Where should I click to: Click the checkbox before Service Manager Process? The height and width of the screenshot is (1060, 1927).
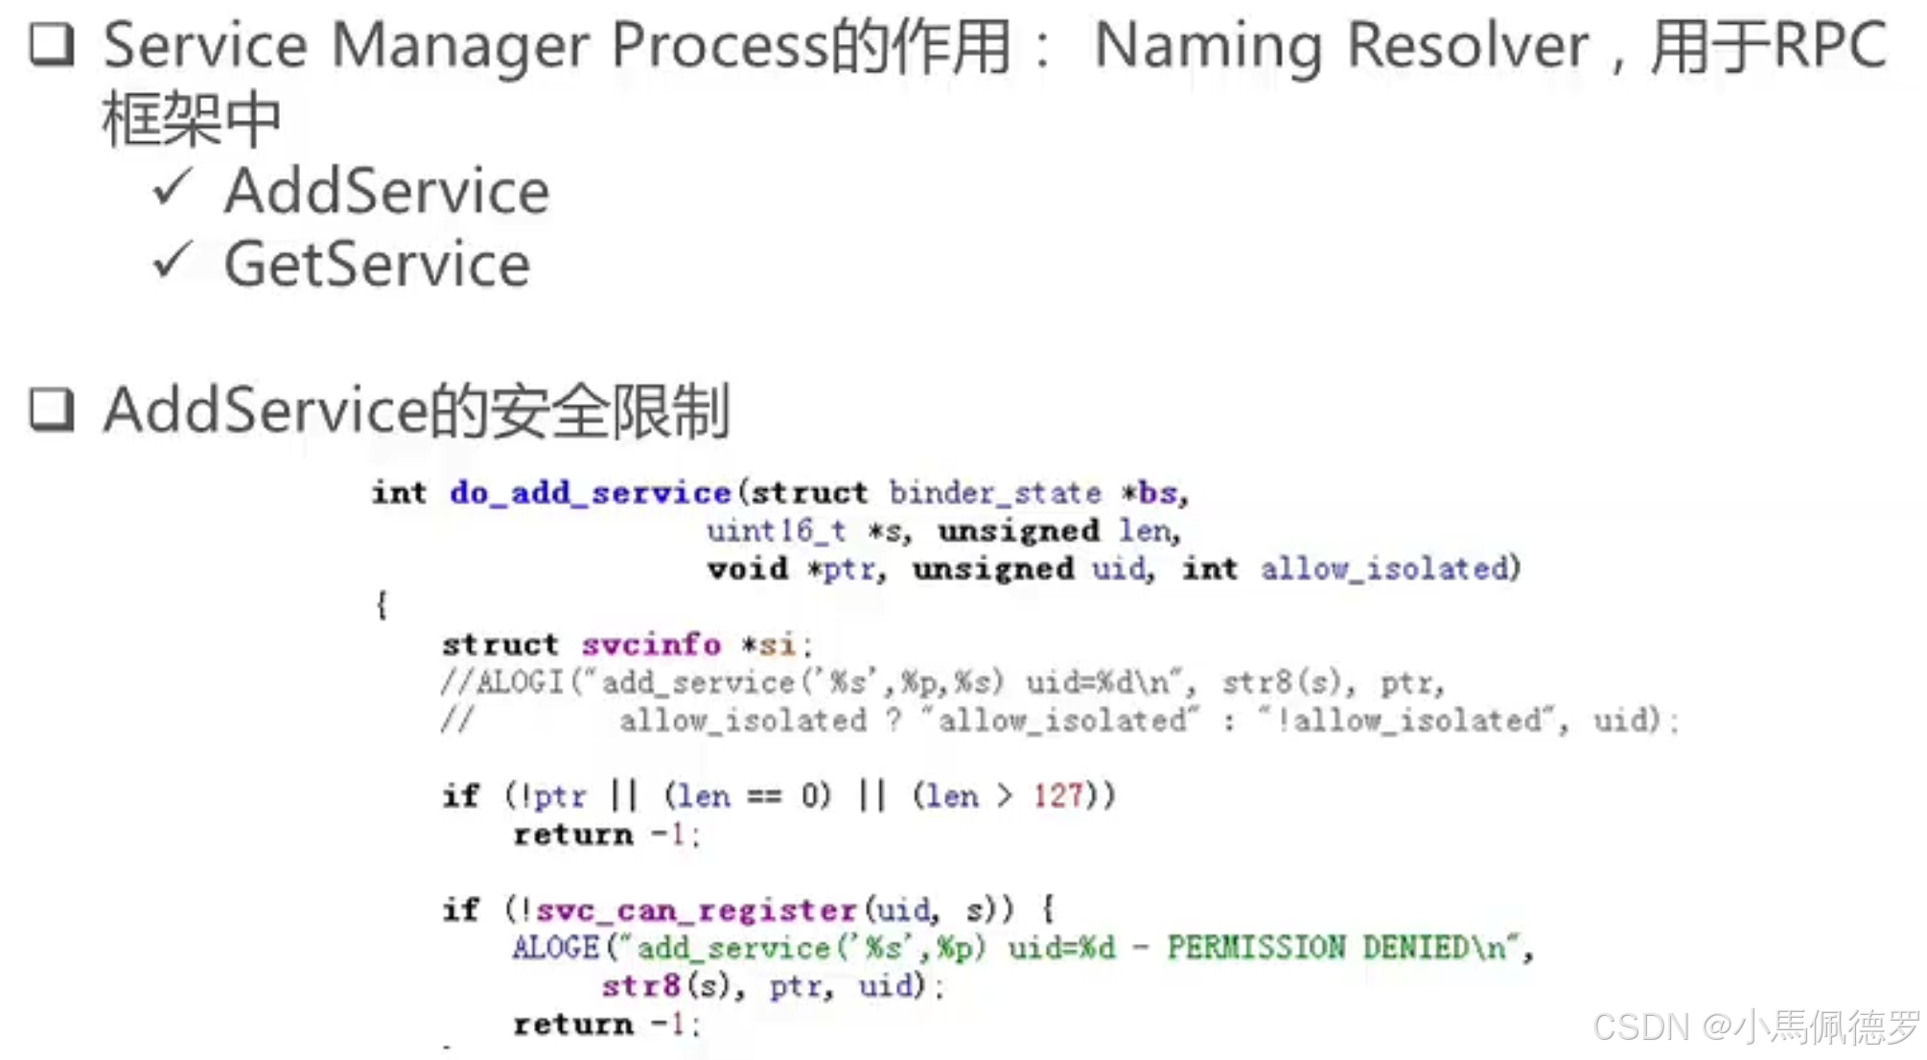pos(51,45)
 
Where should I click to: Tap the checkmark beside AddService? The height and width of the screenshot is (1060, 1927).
pos(173,187)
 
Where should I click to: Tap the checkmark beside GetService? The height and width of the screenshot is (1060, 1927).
pos(173,260)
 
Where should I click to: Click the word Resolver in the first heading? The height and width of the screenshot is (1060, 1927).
pos(1467,46)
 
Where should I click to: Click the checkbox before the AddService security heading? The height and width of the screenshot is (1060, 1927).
pos(51,411)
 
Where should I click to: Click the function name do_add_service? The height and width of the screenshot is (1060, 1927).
pos(590,493)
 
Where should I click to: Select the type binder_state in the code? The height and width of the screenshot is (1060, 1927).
pos(994,493)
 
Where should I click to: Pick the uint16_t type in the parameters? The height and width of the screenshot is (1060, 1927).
pos(776,530)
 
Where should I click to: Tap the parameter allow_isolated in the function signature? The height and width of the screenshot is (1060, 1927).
pos(1384,569)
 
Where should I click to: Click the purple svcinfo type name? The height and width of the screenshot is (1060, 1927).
pos(650,645)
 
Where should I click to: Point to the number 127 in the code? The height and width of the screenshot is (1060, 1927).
pos(1056,796)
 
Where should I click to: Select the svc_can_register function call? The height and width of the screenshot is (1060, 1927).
pos(695,909)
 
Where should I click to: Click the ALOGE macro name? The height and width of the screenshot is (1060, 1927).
pos(555,948)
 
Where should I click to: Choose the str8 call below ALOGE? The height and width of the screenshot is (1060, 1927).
pos(640,986)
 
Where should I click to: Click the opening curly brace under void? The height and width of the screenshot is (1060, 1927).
pos(382,605)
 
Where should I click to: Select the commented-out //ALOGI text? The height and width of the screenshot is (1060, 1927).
pos(502,682)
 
